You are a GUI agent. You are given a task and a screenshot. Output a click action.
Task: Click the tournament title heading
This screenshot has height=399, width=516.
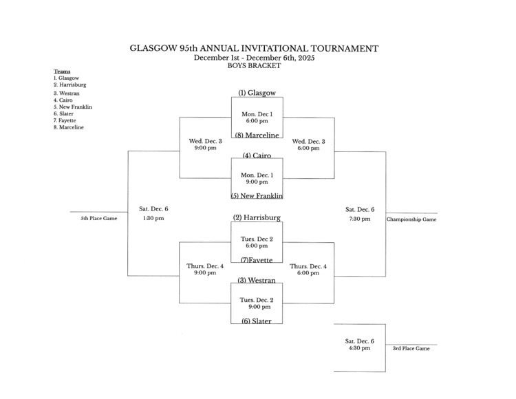point(254,49)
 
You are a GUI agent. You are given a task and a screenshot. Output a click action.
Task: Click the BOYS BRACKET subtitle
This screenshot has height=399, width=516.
point(254,66)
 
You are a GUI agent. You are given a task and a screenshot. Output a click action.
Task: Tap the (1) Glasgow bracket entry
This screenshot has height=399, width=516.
point(257,93)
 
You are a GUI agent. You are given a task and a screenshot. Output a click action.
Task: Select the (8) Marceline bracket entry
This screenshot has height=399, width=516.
point(257,135)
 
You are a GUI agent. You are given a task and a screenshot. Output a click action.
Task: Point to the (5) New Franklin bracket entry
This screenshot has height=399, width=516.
point(257,196)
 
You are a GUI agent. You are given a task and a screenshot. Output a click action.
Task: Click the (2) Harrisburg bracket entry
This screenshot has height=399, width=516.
point(257,218)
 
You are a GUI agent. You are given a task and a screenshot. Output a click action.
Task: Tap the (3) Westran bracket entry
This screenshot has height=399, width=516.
point(257,280)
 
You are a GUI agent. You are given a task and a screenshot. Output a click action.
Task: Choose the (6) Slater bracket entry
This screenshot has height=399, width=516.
point(257,321)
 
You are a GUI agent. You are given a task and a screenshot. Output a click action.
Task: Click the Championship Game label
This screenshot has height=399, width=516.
point(411,219)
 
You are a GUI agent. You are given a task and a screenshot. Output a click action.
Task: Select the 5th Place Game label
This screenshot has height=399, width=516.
point(99,218)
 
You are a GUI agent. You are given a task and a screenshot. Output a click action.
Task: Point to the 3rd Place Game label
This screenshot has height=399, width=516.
point(411,349)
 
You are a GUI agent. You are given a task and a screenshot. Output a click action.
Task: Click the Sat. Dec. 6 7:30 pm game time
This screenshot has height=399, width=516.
point(360,214)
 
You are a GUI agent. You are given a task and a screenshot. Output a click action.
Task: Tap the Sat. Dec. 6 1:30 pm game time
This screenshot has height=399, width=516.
point(153,213)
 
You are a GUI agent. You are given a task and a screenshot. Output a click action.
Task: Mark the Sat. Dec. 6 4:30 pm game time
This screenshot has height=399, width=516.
point(360,344)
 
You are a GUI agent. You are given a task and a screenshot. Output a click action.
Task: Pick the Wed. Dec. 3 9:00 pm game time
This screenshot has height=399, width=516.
point(205,144)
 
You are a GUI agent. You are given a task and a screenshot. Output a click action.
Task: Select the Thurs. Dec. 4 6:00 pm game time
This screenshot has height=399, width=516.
point(308,269)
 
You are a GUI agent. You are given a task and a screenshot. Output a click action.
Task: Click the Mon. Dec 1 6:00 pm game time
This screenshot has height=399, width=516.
point(257,117)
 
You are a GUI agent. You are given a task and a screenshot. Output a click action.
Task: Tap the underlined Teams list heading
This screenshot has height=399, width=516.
point(62,72)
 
